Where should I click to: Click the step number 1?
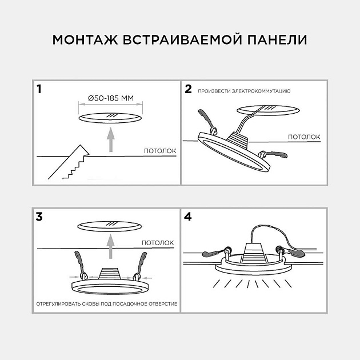click(39, 89)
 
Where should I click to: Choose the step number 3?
click(39, 217)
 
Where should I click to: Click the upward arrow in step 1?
click(110, 139)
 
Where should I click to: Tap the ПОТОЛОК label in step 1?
click(159, 151)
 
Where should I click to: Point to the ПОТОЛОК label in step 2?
click(303, 137)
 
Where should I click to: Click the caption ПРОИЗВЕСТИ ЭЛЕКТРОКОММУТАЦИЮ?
click(245, 91)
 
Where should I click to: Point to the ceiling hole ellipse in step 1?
click(110, 118)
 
